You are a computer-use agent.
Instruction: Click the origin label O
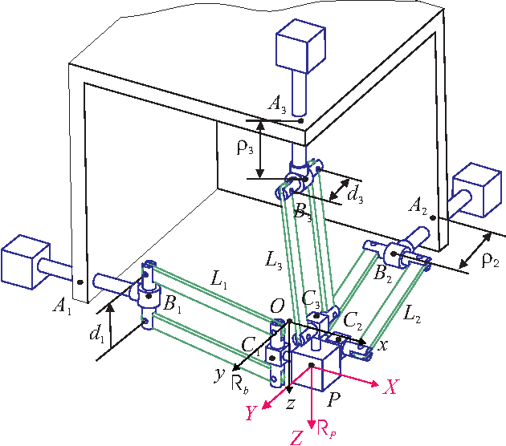(x=276, y=306)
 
